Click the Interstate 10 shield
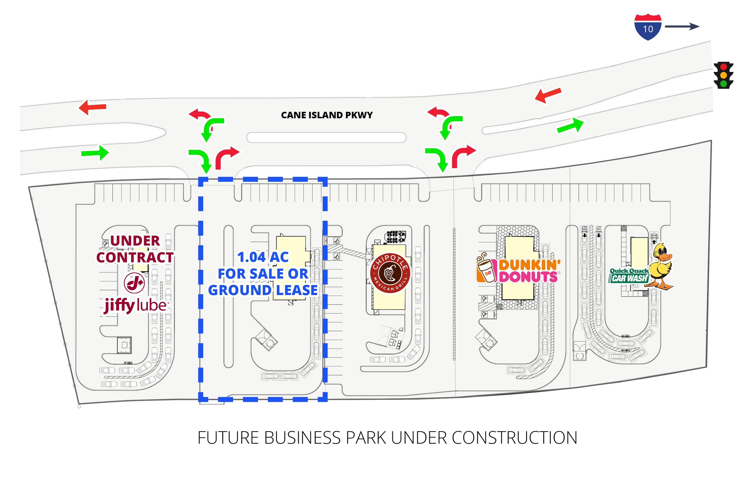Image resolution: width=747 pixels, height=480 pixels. click(648, 27)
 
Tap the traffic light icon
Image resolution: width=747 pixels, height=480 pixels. click(723, 75)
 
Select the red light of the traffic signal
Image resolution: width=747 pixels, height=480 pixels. click(723, 67)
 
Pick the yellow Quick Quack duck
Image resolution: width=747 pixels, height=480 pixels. click(662, 266)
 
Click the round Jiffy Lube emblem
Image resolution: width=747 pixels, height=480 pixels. click(134, 283)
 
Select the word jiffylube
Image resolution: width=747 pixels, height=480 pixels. click(136, 305)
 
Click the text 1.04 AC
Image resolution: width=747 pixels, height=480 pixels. click(263, 257)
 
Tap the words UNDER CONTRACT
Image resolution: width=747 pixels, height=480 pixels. click(135, 249)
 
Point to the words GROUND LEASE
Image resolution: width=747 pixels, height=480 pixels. click(263, 290)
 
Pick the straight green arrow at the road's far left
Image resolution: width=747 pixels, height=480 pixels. click(95, 153)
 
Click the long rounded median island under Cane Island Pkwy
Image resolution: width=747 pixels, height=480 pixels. click(326, 137)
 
